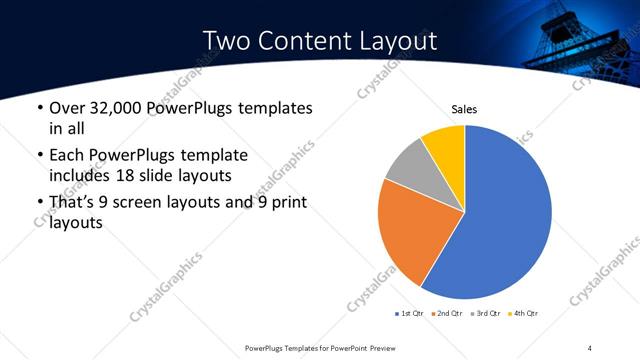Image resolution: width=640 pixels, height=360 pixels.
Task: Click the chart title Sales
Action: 464,109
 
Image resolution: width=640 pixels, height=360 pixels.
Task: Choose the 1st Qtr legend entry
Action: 410,314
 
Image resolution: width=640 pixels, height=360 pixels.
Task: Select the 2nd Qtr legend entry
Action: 448,314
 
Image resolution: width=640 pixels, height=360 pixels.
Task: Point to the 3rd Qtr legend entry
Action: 486,314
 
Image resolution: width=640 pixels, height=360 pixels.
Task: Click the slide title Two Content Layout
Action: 319,41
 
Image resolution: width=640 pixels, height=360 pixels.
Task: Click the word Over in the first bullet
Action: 65,107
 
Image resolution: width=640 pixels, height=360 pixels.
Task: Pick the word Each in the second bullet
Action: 66,155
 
